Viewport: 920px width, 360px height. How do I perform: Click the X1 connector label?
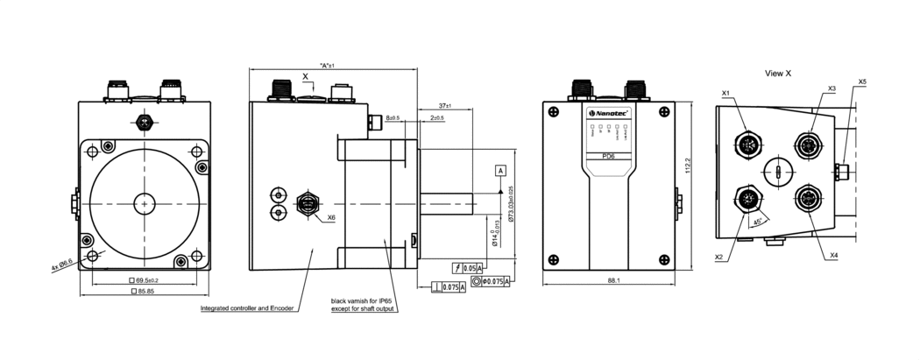[725, 93]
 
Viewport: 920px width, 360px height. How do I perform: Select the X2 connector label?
[718, 258]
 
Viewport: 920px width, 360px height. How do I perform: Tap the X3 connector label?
[832, 88]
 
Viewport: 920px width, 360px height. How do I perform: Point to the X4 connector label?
[834, 255]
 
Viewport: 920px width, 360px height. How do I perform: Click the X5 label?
[862, 81]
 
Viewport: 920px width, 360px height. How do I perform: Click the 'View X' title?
[777, 74]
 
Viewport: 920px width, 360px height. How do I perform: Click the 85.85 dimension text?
[145, 291]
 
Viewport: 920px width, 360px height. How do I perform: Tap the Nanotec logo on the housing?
[605, 113]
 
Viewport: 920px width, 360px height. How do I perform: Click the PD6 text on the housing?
[608, 157]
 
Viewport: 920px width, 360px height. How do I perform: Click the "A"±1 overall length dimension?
[329, 66]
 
